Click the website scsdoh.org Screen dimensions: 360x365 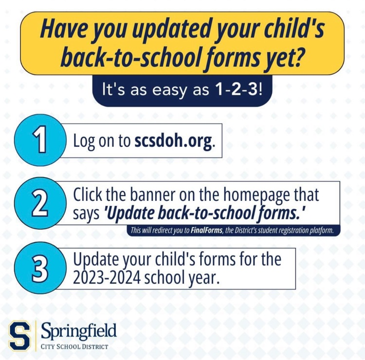pos(173,141)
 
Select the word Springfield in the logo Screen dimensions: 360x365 pos(79,331)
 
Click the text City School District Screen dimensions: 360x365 pos(74,346)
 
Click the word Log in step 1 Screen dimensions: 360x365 pos(83,142)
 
